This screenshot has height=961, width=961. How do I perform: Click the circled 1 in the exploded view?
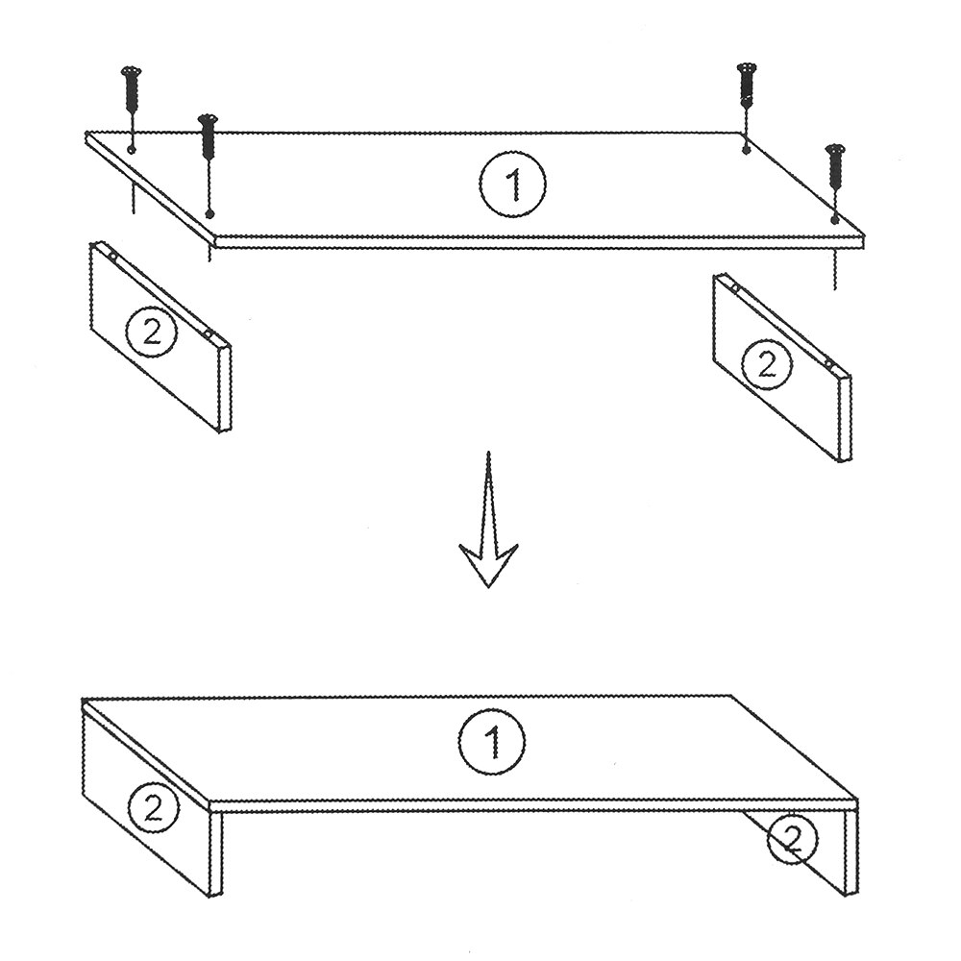pos(512,183)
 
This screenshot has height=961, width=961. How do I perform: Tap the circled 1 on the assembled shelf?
pos(491,742)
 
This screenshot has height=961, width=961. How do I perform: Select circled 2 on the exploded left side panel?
pos(152,333)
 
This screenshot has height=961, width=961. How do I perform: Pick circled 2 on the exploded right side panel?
pos(767,365)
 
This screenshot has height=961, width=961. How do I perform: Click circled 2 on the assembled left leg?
pos(153,808)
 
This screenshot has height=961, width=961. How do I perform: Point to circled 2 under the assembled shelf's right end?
pos(793,840)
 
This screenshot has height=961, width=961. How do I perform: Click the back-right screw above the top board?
pos(746,86)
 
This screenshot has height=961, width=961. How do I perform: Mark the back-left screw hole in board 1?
pos(132,150)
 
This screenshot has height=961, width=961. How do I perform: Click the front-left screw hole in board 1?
pos(209,214)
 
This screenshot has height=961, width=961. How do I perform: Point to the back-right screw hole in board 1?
pos(746,149)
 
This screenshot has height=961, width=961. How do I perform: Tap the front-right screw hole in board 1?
pos(834,219)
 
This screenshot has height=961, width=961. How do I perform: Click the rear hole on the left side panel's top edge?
pos(112,256)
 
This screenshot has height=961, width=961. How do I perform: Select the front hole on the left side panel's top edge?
pos(209,334)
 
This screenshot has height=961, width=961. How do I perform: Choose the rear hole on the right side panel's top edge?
pos(734,286)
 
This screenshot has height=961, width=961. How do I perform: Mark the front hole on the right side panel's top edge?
pos(829,364)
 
